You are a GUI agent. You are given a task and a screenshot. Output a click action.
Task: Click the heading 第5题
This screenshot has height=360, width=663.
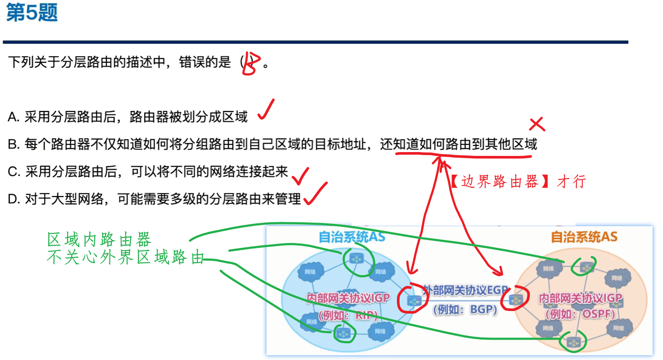click(32, 12)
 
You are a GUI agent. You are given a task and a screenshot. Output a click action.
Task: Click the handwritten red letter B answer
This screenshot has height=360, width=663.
click(251, 64)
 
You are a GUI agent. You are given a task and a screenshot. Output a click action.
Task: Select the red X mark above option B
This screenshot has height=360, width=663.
click(536, 124)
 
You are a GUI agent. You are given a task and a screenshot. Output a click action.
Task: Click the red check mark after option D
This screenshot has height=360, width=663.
click(315, 193)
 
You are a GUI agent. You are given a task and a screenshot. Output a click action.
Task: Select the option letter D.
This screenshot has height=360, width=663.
click(13, 199)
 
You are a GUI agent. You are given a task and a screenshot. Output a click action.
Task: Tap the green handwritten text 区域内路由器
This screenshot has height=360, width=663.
click(99, 239)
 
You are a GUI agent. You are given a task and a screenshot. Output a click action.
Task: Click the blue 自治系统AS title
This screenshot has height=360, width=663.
click(351, 237)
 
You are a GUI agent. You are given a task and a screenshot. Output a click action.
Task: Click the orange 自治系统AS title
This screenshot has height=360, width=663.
click(584, 237)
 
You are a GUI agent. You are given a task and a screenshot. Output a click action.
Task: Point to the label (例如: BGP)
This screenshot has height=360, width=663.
click(465, 309)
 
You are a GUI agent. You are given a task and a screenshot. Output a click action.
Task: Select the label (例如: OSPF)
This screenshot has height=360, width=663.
click(580, 314)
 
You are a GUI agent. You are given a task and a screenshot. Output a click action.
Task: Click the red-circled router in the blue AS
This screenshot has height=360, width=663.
click(414, 300)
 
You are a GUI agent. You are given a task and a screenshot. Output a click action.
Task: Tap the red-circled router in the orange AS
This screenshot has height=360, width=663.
click(516, 299)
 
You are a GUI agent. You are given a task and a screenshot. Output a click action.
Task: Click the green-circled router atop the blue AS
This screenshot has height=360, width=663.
click(357, 259)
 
